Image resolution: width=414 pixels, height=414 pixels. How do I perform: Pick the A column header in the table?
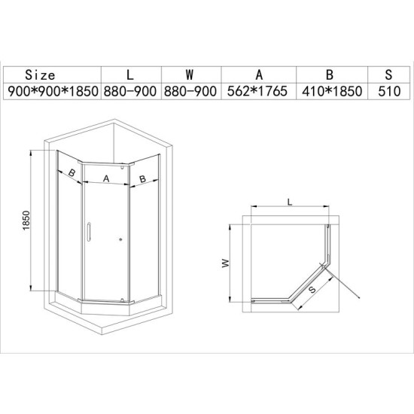point(258,75)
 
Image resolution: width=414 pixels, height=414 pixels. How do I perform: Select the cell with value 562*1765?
point(258,90)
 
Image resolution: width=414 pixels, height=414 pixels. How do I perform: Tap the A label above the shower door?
point(106,178)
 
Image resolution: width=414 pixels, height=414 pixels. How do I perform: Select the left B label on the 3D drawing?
point(72,173)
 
